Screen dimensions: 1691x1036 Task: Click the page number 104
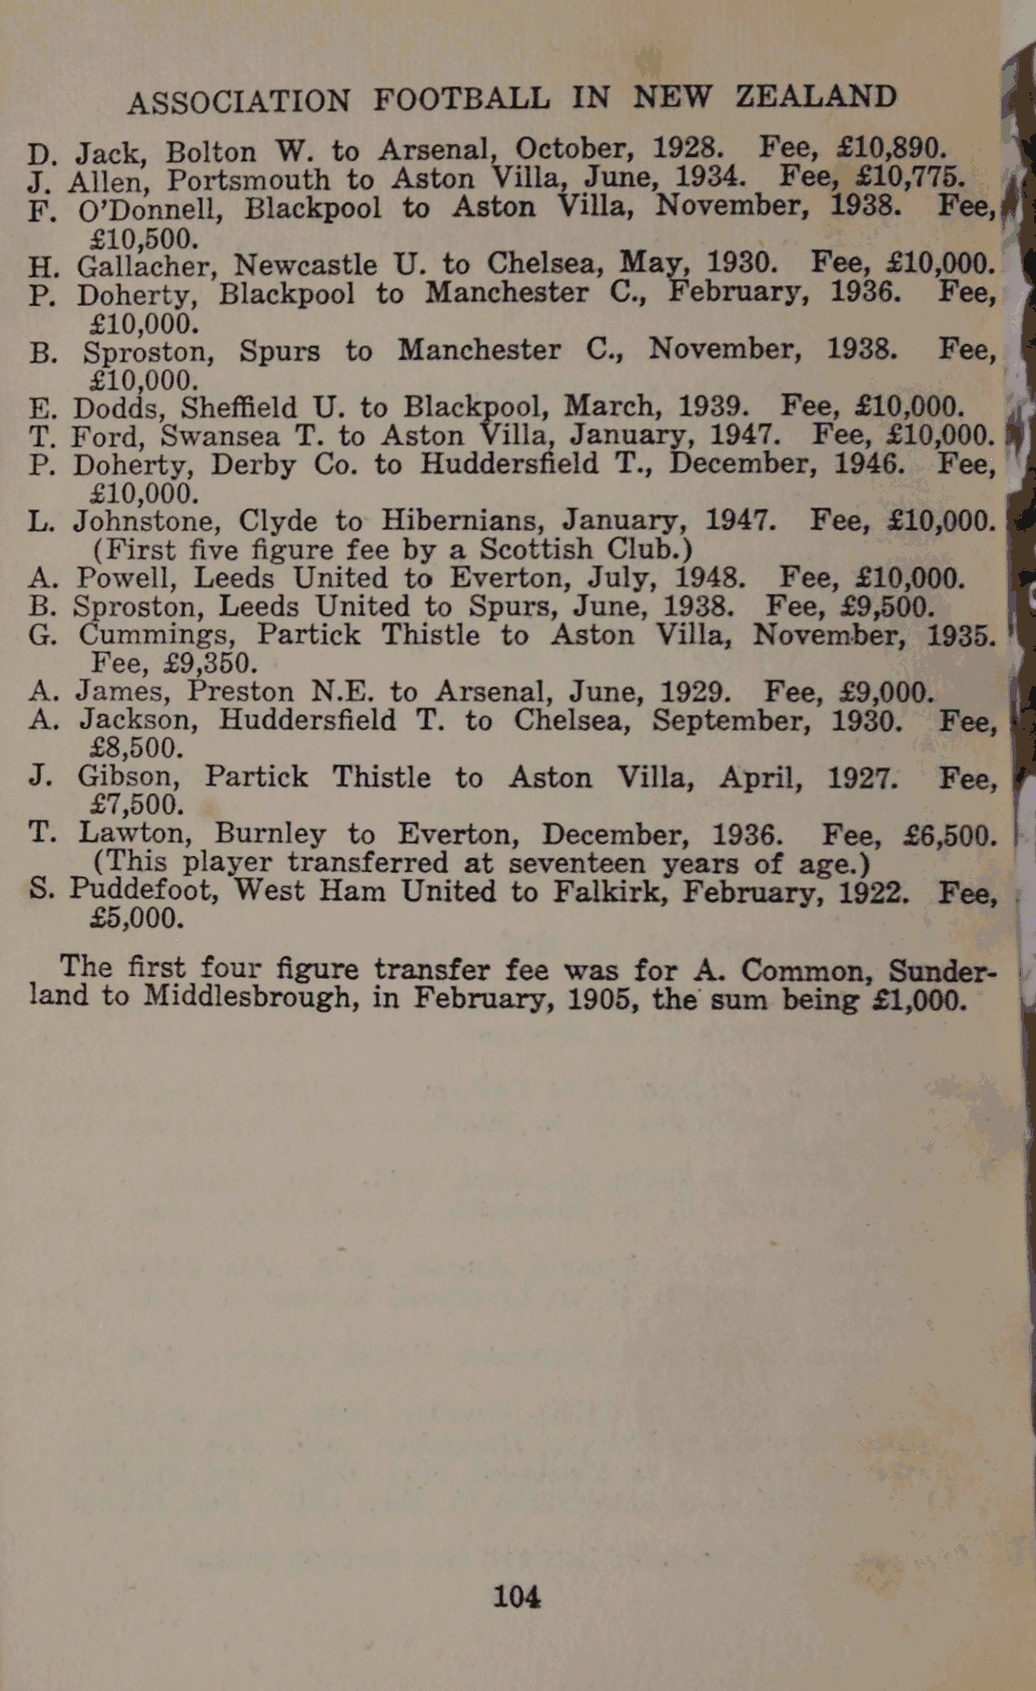[x=517, y=1597]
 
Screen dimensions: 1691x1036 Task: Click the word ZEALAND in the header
[x=817, y=97]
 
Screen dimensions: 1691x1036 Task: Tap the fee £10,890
[x=892, y=149]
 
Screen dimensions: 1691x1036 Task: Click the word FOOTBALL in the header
[x=461, y=99]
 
